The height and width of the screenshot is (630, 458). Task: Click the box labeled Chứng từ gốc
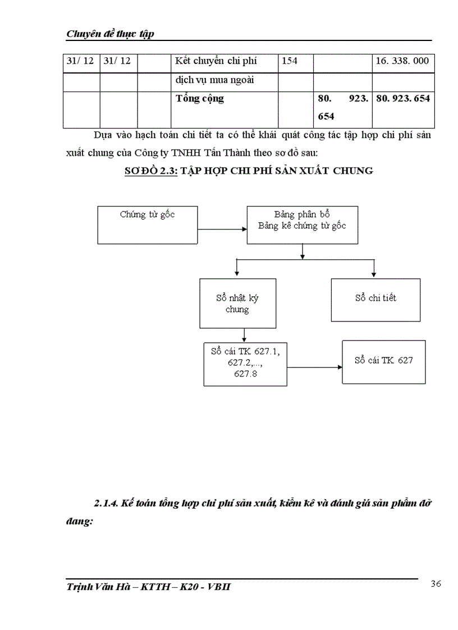coord(147,224)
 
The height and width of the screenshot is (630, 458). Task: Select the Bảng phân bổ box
coord(302,224)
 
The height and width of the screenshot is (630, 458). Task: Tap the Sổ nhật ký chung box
coord(237,303)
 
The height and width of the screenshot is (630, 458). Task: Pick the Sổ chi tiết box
coord(375,300)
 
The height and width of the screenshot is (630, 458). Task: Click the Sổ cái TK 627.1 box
coord(245,363)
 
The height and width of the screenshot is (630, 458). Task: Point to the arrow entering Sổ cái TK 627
coord(314,367)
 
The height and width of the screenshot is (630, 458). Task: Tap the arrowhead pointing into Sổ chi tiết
coord(374,274)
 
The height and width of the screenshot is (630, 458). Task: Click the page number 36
coord(436,584)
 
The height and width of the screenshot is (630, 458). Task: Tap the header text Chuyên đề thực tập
coord(110,34)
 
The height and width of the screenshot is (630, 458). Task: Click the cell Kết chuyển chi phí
coord(216,61)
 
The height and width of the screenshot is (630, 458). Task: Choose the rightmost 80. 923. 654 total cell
coord(403,99)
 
